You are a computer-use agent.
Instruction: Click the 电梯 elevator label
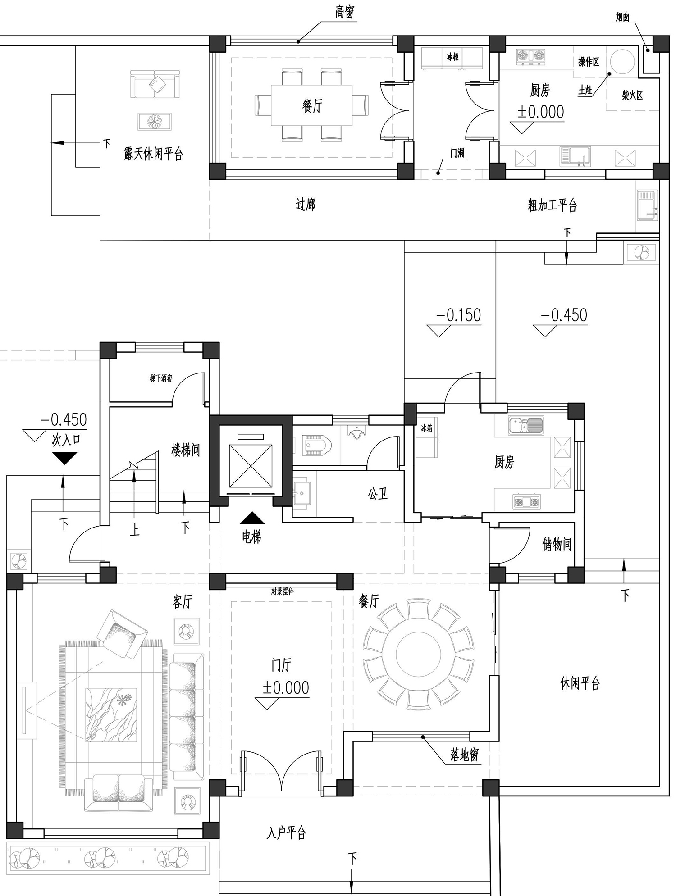251,537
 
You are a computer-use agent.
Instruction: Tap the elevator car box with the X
251,466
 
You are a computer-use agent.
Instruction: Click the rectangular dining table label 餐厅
312,106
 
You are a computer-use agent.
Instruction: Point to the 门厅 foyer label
281,665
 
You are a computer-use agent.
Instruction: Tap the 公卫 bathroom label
378,494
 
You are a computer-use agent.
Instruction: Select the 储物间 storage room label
557,545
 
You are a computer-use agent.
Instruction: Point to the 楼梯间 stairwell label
185,450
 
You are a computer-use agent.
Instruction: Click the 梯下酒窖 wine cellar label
161,378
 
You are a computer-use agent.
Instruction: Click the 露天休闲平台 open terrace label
153,154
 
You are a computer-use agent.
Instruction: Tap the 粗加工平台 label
552,205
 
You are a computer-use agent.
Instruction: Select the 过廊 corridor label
305,205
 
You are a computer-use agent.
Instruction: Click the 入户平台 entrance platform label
286,833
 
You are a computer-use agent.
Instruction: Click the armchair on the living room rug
123,634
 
